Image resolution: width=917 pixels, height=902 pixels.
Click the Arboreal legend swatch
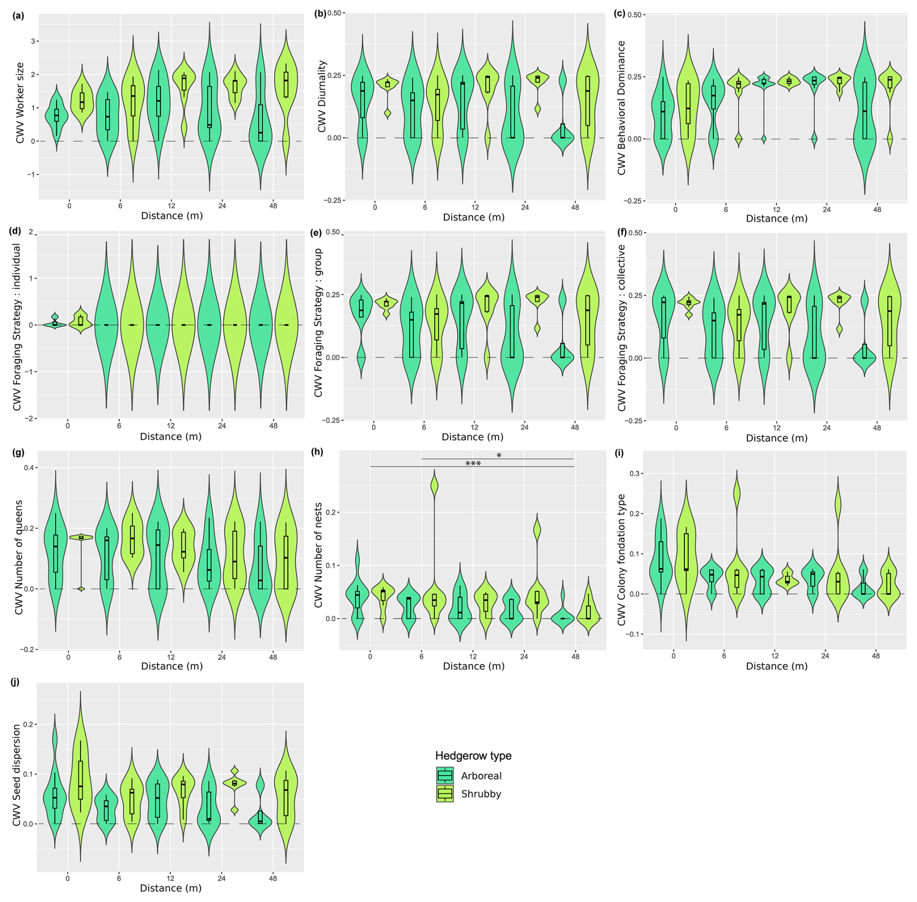[x=444, y=776]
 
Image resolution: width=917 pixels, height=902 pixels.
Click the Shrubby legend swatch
[x=444, y=794]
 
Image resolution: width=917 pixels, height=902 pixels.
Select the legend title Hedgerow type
[x=473, y=756]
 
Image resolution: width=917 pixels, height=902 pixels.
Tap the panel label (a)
[x=18, y=16]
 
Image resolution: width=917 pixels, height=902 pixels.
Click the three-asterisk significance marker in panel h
[x=473, y=464]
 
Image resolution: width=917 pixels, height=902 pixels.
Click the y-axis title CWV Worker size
[x=20, y=103]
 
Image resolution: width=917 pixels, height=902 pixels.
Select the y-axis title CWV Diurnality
[x=322, y=96]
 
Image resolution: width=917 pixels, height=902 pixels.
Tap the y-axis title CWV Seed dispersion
[x=17, y=775]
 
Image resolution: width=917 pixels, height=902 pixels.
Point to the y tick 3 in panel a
[x=33, y=41]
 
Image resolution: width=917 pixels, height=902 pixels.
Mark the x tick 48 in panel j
[x=273, y=878]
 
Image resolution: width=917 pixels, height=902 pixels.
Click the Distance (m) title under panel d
[x=171, y=436]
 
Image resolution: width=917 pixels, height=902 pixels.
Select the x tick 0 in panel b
[x=375, y=207]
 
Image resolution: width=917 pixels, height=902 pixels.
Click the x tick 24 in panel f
[x=826, y=428]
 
